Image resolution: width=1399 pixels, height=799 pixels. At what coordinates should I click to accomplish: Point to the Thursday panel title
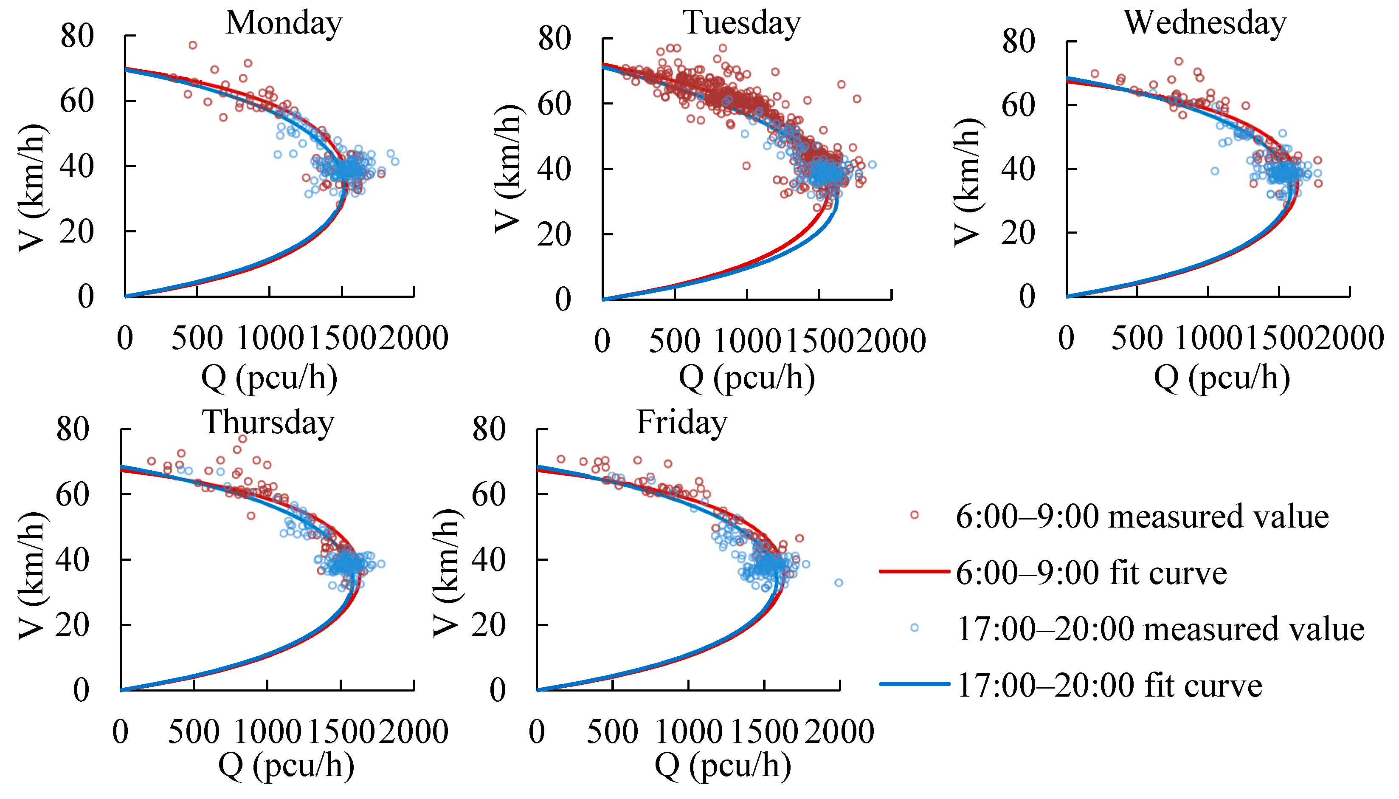[x=268, y=423]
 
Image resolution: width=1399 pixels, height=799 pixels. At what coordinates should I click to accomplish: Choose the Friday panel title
[x=682, y=423]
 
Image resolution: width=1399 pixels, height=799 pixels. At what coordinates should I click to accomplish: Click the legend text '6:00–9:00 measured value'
[x=1143, y=517]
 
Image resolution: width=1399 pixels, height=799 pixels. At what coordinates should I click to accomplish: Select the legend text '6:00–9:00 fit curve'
[x=1091, y=573]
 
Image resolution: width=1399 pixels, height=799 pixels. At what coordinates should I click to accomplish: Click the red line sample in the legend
[x=914, y=571]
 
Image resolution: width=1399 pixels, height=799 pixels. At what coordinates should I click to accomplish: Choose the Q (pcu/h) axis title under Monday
[x=269, y=378]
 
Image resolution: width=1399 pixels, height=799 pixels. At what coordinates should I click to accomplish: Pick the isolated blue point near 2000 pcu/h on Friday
[x=839, y=583]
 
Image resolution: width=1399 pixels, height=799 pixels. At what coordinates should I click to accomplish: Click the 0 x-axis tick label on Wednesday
[x=1066, y=338]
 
